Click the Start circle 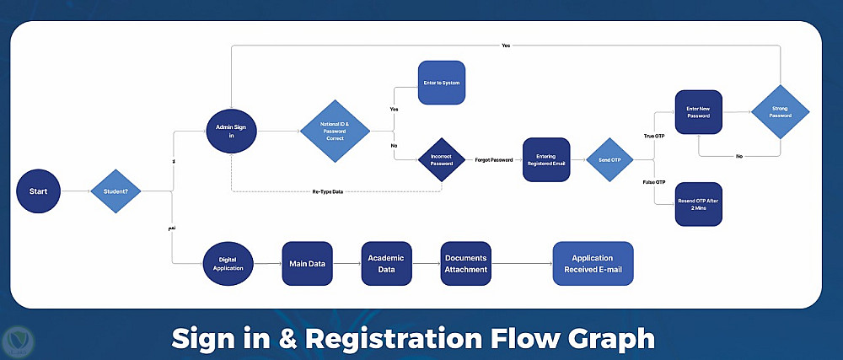[x=39, y=191]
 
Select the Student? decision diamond [x=115, y=191]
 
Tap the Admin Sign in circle [x=231, y=130]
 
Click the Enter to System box [x=442, y=83]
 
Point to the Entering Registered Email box [x=546, y=159]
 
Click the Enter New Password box [x=699, y=112]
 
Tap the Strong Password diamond [x=780, y=112]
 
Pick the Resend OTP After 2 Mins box [x=699, y=204]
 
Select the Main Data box [x=307, y=264]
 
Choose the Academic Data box [x=386, y=264]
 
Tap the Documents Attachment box [x=466, y=264]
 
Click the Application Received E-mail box [x=592, y=264]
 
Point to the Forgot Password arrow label [x=493, y=159]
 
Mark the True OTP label [x=653, y=136]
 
